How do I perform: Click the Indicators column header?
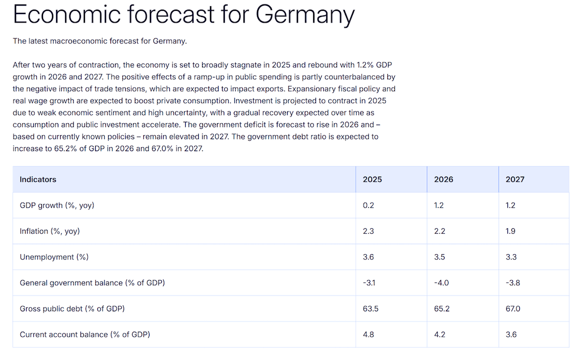(x=38, y=179)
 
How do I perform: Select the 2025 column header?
(x=372, y=179)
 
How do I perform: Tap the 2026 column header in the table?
(x=443, y=179)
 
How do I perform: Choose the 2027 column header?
(x=515, y=179)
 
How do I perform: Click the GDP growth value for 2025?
(x=368, y=205)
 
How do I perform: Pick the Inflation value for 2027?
(x=510, y=232)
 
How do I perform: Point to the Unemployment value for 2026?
(x=439, y=257)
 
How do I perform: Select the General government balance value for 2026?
(x=441, y=283)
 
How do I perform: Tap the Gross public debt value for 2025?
(x=370, y=308)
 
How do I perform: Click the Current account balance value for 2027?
(x=511, y=335)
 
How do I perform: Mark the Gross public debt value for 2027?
(x=513, y=308)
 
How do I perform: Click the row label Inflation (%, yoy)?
(x=50, y=232)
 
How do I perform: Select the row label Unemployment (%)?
(x=54, y=257)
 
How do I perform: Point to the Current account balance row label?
(x=85, y=335)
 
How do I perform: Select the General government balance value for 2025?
(x=369, y=283)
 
